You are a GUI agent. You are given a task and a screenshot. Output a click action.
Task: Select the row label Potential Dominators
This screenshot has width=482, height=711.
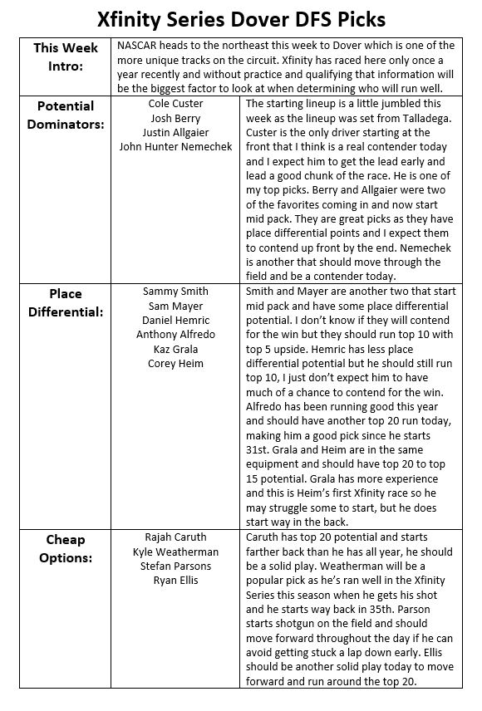[66, 115]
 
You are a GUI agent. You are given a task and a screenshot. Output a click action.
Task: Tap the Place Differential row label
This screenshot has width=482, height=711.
[66, 303]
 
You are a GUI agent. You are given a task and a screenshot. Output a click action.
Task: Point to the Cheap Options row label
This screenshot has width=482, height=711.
[66, 548]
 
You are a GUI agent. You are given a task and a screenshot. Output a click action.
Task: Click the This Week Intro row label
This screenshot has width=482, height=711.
[66, 56]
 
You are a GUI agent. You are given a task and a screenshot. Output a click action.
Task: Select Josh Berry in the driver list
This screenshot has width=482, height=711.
[175, 118]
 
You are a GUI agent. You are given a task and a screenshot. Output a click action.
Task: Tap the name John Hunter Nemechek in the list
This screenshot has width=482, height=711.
[175, 148]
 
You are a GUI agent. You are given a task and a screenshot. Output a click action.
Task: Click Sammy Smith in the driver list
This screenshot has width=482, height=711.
[175, 292]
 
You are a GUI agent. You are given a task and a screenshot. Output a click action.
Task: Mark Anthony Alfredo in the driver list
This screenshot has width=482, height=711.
[175, 336]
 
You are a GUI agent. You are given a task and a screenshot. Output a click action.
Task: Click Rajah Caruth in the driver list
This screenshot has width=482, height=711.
[175, 537]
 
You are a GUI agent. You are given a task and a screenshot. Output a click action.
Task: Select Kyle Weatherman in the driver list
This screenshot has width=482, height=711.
[175, 552]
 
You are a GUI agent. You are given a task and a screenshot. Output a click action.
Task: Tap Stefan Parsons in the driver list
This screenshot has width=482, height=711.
[175, 566]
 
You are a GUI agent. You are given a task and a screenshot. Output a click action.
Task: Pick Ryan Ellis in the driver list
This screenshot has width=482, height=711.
[175, 581]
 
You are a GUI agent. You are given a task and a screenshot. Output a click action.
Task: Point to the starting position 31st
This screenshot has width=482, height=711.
[259, 449]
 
